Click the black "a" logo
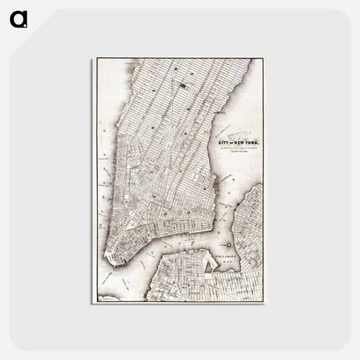(x=17, y=16)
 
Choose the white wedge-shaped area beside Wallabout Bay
(x=208, y=265)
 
